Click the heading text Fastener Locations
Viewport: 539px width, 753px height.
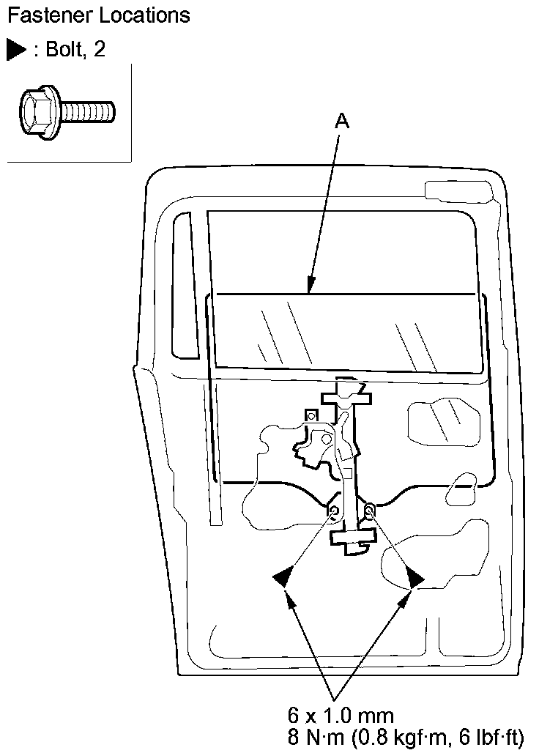97,15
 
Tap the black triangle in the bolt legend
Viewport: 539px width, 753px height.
15,50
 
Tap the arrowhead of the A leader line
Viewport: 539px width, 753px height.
311,289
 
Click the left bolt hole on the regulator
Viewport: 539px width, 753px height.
334,510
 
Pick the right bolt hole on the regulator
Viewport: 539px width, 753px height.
370,508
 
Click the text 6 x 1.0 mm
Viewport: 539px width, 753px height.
341,714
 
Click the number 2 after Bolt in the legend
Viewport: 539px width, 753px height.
100,50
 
